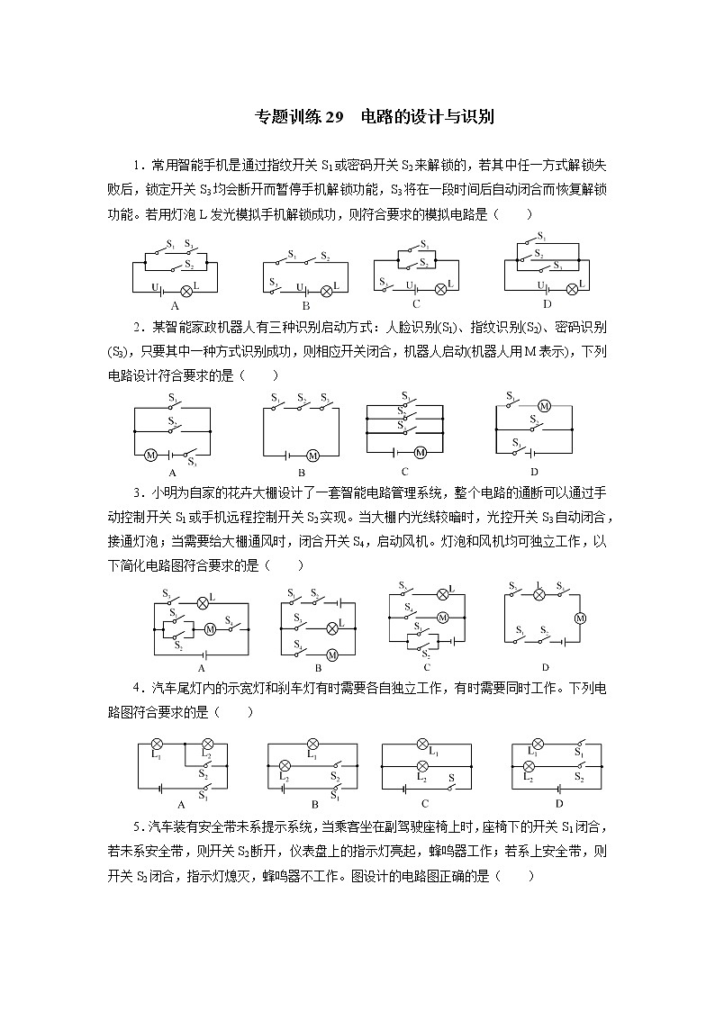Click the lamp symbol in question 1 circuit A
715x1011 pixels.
coord(186,290)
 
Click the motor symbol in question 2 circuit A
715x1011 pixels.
coord(151,455)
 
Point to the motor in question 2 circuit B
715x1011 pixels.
coord(312,455)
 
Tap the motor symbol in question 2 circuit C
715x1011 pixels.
coord(420,452)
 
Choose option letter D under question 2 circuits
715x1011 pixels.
coord(534,472)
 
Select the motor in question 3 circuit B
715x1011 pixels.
coord(331,654)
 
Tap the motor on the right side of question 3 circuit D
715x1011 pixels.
coord(580,618)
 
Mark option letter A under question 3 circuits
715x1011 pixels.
coord(201,668)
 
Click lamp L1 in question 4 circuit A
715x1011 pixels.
coord(155,744)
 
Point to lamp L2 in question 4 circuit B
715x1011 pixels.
coord(285,765)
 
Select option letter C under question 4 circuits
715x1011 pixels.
coord(424,803)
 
